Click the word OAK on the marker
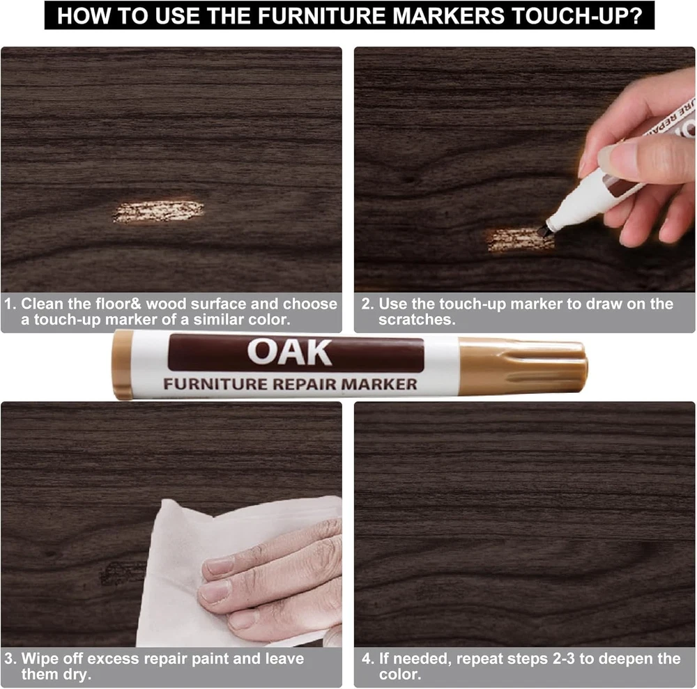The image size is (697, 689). tap(289, 353)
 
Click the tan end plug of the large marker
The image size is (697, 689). tap(123, 364)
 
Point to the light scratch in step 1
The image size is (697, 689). tap(158, 212)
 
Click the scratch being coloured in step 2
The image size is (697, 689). tap(520, 240)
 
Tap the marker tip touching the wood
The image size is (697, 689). tap(543, 230)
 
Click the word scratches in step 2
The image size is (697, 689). tap(417, 319)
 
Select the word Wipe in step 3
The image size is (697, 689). tap(39, 658)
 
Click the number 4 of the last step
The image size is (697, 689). tap(367, 658)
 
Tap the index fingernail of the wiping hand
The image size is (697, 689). tap(217, 566)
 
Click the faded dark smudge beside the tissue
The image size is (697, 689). tap(121, 573)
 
